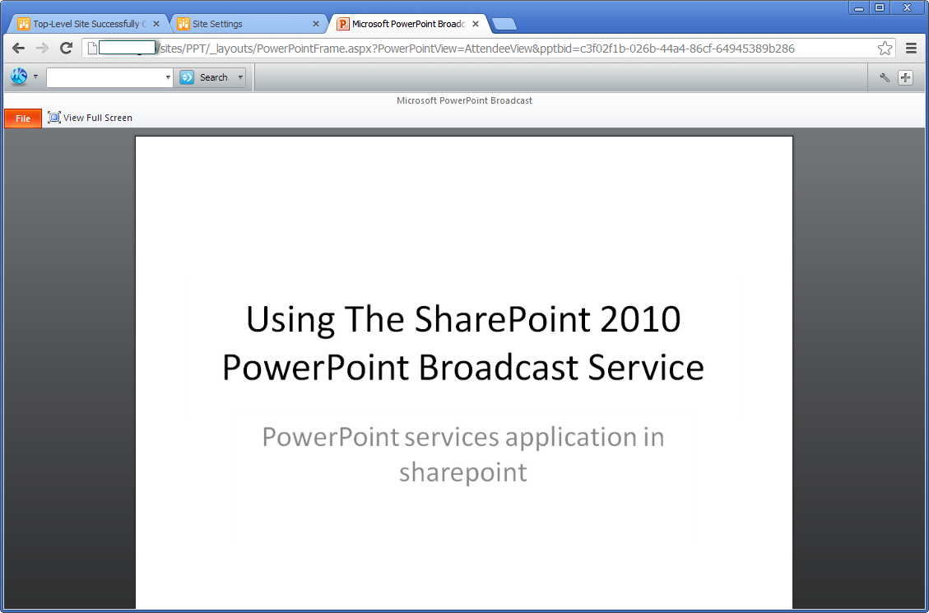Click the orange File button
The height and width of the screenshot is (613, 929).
[x=23, y=118]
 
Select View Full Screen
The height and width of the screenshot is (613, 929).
[x=90, y=118]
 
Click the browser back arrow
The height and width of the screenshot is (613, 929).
[x=18, y=49]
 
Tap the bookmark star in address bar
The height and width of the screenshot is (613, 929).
[x=885, y=49]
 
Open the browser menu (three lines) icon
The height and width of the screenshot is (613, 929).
[x=911, y=49]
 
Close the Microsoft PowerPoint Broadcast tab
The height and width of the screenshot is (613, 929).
[x=475, y=25]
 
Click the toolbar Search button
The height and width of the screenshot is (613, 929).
[x=211, y=77]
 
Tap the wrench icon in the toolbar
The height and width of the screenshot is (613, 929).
[x=885, y=77]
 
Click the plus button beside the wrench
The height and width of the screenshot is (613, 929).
[x=905, y=77]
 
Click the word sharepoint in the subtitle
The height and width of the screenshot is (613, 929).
[x=462, y=473]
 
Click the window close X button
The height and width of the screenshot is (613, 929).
[x=907, y=7]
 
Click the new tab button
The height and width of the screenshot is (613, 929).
[x=504, y=25]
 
